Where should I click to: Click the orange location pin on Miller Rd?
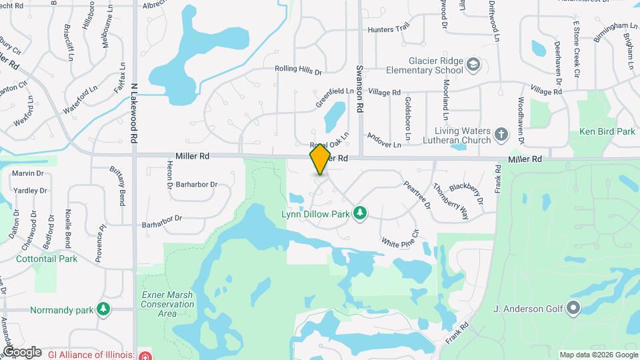pos(321,159)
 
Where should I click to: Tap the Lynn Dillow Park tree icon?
pos(360,213)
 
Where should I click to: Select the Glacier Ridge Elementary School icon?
pos(473,65)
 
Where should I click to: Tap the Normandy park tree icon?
pos(103,309)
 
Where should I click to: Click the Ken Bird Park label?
pos(607,132)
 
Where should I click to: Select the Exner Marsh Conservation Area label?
pos(159,304)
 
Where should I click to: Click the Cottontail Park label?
pos(46,259)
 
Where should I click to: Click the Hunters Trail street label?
pos(388,30)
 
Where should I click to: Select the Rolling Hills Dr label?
pos(299,69)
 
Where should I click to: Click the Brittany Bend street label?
pos(122,187)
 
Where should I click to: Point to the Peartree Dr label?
pos(417,195)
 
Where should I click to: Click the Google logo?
pos(22,351)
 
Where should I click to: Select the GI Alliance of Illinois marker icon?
pos(146,355)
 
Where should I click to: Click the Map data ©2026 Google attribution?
pos(598,355)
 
